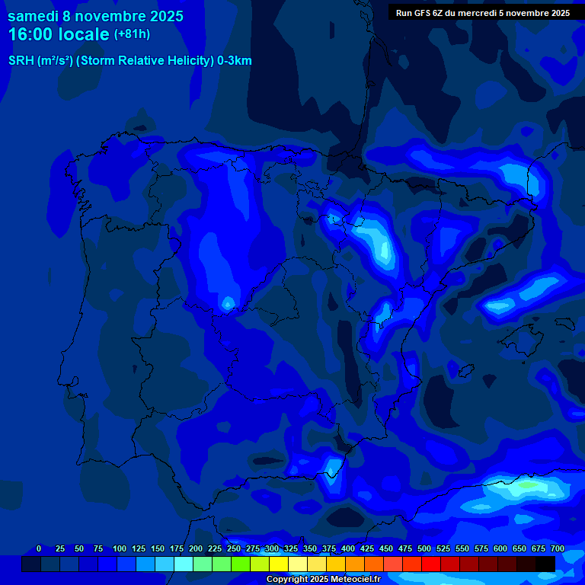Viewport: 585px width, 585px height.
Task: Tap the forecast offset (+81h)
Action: (132, 34)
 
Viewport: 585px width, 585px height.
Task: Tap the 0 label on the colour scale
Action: (39, 548)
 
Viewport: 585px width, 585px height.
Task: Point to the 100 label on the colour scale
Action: (120, 548)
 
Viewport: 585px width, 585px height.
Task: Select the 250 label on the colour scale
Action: (234, 548)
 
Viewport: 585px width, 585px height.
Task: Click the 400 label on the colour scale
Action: (348, 548)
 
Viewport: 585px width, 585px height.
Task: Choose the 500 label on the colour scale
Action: (424, 548)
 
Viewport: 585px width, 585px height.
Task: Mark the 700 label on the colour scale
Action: (558, 548)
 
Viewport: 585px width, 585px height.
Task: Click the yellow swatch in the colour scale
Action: (279, 564)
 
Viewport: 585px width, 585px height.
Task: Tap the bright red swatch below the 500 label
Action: (431, 564)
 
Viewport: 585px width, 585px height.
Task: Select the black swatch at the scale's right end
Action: (545, 564)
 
